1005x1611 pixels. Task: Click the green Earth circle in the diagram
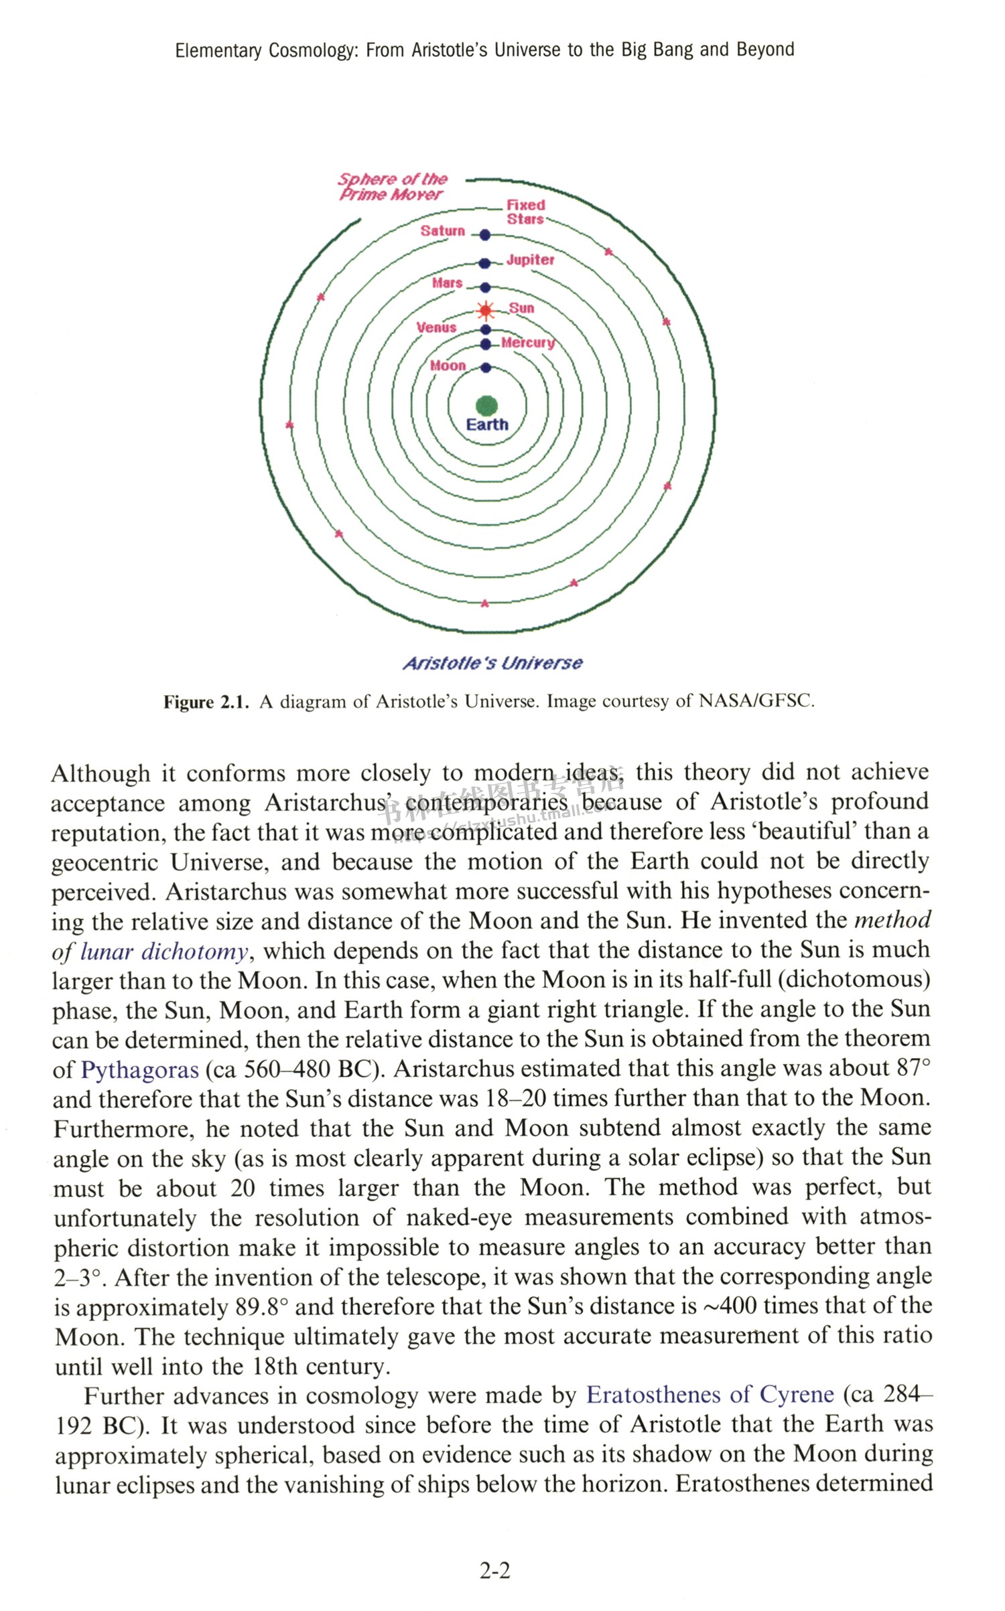point(486,405)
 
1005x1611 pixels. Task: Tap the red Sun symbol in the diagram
point(486,311)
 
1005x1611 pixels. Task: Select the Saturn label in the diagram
point(442,231)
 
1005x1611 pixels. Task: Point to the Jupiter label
point(530,260)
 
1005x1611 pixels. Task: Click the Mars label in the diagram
point(447,283)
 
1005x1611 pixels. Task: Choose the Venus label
point(436,327)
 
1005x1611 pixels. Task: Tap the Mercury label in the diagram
point(528,343)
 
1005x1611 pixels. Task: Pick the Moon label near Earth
point(448,366)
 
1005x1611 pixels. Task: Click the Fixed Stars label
point(525,212)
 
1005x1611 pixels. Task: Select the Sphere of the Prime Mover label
point(392,187)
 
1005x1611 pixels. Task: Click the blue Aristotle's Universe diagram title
point(492,663)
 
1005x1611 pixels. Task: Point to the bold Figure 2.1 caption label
point(206,702)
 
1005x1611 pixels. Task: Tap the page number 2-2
point(494,1570)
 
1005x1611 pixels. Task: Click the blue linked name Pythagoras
point(139,1069)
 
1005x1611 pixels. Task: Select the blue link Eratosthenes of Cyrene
point(710,1395)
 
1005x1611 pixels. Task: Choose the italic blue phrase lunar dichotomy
point(163,951)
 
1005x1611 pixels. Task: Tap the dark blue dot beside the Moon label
point(486,368)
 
